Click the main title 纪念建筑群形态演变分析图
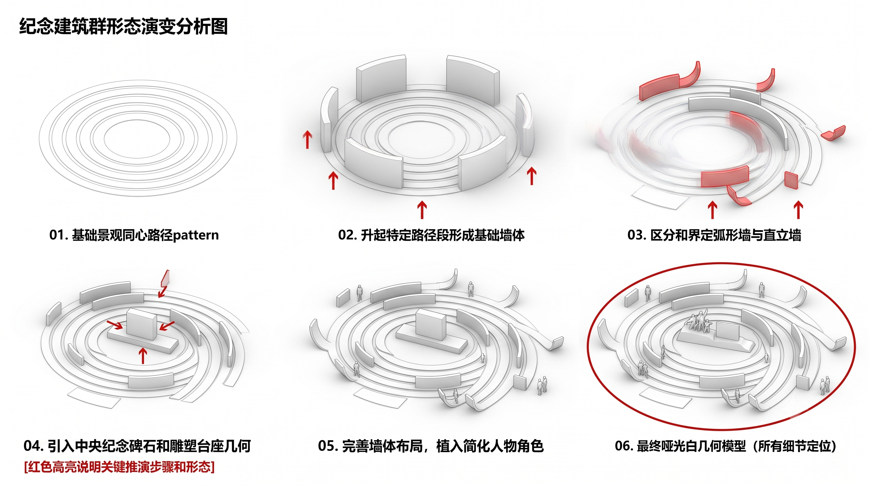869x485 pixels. [123, 26]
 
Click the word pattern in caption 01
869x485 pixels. [196, 235]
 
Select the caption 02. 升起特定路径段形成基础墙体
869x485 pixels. [431, 235]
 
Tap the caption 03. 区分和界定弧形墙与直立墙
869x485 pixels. [714, 235]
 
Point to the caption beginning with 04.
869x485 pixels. [137, 446]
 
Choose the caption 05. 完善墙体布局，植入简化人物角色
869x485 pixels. [431, 446]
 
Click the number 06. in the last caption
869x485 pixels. [624, 446]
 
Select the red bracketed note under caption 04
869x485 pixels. [119, 467]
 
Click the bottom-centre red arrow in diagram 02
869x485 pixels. [422, 210]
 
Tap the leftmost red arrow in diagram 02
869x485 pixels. [307, 140]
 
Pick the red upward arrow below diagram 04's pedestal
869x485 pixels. [143, 356]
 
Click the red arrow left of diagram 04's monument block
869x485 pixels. [115, 325]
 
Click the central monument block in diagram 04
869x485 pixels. [141, 324]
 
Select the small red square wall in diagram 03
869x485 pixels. [791, 180]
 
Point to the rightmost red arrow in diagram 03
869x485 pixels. [798, 210]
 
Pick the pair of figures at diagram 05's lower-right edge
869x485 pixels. [542, 386]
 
